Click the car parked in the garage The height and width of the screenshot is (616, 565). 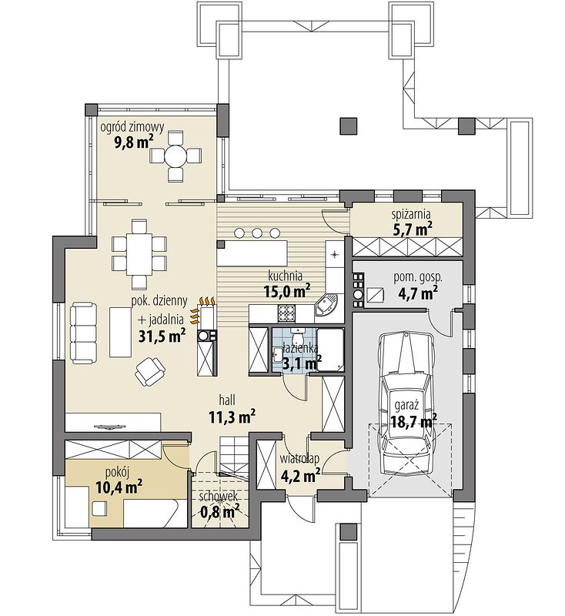tap(406, 403)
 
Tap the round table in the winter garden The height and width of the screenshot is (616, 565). tap(176, 157)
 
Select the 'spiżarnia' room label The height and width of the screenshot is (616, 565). tap(411, 215)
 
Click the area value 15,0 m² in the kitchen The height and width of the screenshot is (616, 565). tap(287, 292)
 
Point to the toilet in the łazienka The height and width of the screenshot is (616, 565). tap(298, 336)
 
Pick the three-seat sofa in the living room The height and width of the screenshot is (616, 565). tap(83, 333)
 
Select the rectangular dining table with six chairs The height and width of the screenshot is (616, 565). tap(139, 254)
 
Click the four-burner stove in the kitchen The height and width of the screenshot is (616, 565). tap(287, 313)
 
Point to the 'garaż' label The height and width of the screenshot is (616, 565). tap(407, 406)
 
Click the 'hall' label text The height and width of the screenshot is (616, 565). tap(227, 400)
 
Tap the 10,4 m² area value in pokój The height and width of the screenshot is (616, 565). tap(119, 487)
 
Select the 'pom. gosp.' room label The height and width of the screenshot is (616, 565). tap(418, 277)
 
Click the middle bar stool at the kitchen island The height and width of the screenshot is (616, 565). tap(257, 233)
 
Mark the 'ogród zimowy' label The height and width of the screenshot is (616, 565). tap(132, 127)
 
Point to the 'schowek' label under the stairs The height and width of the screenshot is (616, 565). tap(219, 496)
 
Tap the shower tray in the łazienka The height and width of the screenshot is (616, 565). tap(330, 349)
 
